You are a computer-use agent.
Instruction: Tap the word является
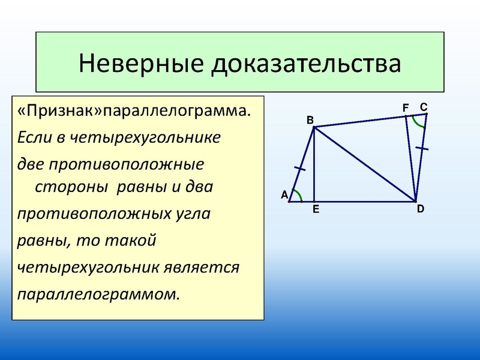pos(202,267)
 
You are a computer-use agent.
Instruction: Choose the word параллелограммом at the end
pos(98,294)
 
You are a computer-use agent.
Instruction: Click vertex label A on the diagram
pos(284,195)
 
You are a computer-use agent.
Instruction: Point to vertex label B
pos(310,120)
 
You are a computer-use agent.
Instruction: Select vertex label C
pos(423,107)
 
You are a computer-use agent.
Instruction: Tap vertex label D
pos(420,209)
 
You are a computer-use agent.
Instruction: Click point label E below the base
pos(315,210)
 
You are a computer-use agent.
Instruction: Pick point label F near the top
pos(406,107)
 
